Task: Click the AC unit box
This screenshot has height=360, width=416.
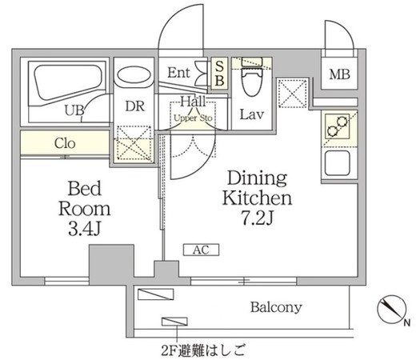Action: point(201,250)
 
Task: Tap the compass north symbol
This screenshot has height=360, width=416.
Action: point(392,310)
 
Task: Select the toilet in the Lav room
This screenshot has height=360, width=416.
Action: point(251,78)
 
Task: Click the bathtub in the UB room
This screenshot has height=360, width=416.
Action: point(68,83)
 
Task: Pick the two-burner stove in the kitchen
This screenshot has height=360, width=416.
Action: point(337,126)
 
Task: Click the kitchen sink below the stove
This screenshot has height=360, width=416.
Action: point(337,163)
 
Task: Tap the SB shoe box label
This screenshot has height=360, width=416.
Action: point(219,74)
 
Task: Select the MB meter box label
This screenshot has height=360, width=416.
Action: point(339,74)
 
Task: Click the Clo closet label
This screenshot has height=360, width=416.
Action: point(65,143)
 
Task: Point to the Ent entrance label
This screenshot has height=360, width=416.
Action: point(178,73)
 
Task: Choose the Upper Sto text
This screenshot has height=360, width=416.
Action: point(193,118)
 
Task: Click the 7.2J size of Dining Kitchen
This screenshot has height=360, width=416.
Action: point(258,218)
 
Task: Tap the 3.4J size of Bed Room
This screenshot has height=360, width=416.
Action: point(84,230)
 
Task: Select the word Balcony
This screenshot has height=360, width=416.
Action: point(276,307)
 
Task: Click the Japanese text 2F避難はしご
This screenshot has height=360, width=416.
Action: point(202,350)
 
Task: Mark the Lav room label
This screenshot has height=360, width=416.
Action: point(252,114)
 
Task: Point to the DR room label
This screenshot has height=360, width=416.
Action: point(135,106)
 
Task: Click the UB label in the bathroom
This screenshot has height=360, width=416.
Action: point(74,110)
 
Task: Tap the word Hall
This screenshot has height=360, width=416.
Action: point(193,102)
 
